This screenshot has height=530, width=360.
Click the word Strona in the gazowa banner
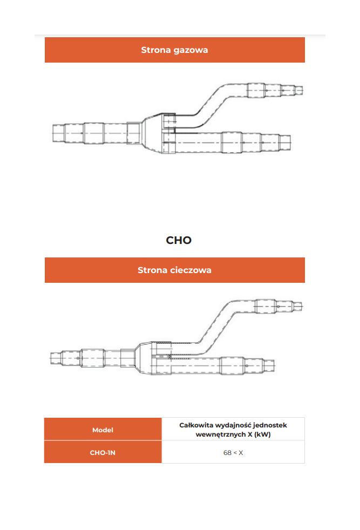156,50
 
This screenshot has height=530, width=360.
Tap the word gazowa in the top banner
191,50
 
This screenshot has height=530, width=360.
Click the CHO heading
179,240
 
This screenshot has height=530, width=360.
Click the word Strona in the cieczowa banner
152,270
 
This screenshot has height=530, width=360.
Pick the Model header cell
103,430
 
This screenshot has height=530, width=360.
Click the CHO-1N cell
103,453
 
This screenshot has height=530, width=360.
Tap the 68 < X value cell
233,453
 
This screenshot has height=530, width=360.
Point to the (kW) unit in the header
262,434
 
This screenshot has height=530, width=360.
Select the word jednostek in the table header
270,425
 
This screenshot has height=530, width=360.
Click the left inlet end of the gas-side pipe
53,133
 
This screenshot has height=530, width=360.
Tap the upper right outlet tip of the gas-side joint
302,90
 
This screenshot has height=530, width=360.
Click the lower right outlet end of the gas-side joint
290,142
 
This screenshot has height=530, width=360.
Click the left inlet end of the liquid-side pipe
51,358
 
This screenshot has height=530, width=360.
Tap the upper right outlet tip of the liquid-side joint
302,307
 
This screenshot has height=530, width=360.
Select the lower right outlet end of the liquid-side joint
274,365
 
